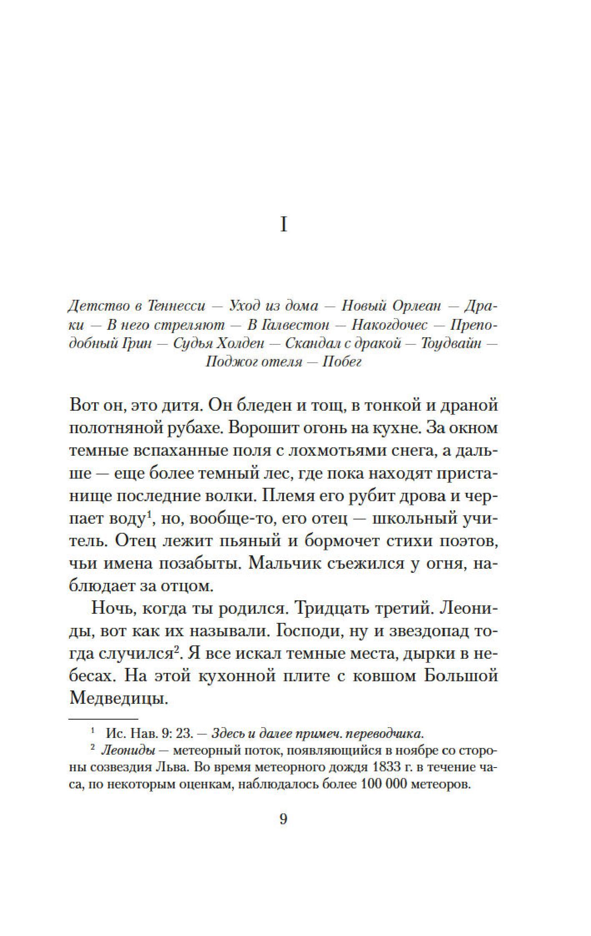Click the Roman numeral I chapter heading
(283, 226)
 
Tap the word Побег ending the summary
(342, 362)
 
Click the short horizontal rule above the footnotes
(103, 719)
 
